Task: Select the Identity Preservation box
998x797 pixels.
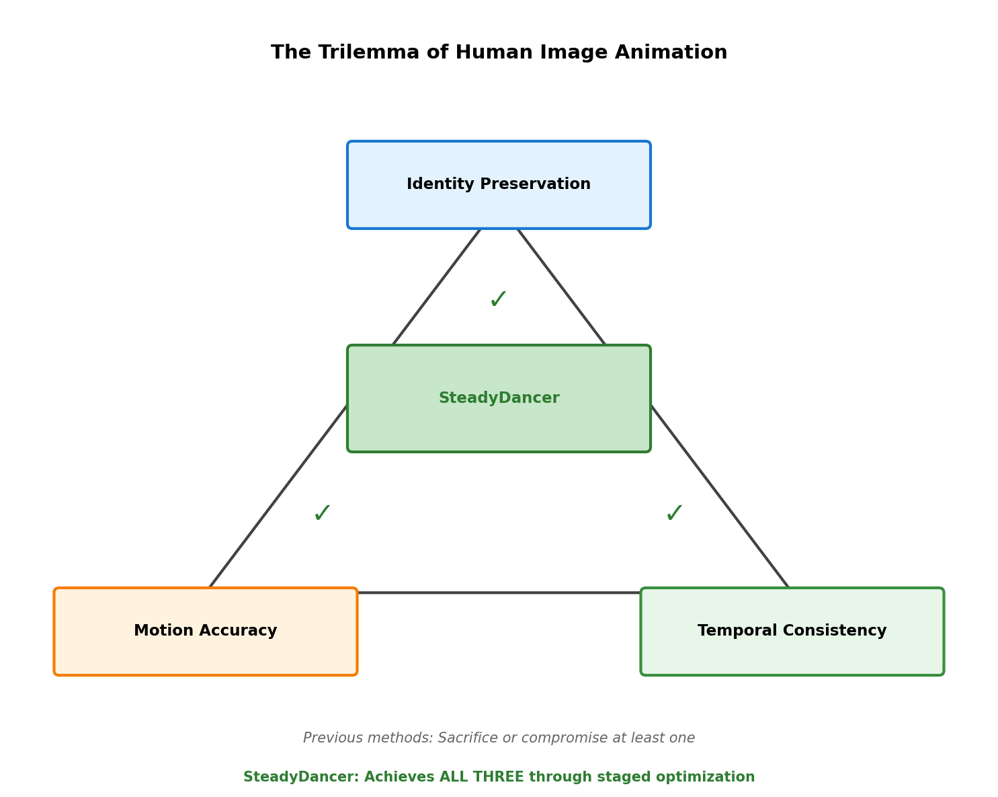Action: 499,185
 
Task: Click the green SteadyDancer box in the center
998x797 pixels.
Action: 499,398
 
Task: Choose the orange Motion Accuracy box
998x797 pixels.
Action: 206,632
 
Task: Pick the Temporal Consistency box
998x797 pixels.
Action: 792,632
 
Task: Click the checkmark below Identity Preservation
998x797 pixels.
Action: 499,299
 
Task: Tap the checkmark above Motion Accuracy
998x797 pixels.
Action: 323,513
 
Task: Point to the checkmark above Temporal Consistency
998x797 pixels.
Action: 675,513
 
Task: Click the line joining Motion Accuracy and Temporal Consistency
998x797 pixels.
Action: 499,593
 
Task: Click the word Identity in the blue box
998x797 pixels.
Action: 441,184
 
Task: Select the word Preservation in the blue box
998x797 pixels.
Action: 535,184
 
